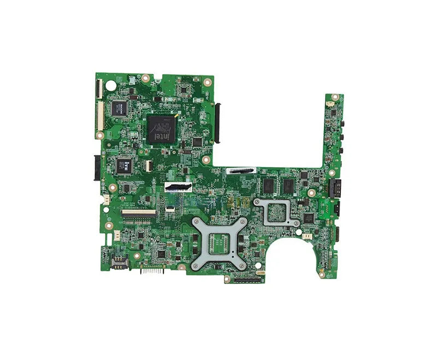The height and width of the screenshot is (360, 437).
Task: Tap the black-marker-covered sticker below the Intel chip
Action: (x=179, y=188)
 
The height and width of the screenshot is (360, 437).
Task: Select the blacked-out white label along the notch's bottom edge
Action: (x=240, y=171)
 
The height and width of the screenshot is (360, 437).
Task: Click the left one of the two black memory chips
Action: (x=268, y=186)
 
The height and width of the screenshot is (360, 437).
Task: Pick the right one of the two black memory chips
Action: (x=287, y=186)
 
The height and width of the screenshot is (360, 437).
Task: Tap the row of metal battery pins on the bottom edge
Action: (x=152, y=270)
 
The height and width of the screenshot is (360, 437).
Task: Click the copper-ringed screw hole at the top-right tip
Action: (x=335, y=97)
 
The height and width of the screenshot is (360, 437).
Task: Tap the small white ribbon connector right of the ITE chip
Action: (x=147, y=163)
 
